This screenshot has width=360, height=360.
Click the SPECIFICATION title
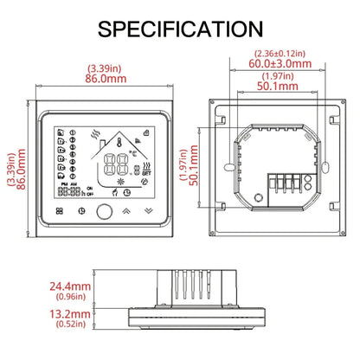180,29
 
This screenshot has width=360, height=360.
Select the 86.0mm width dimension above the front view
106,76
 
